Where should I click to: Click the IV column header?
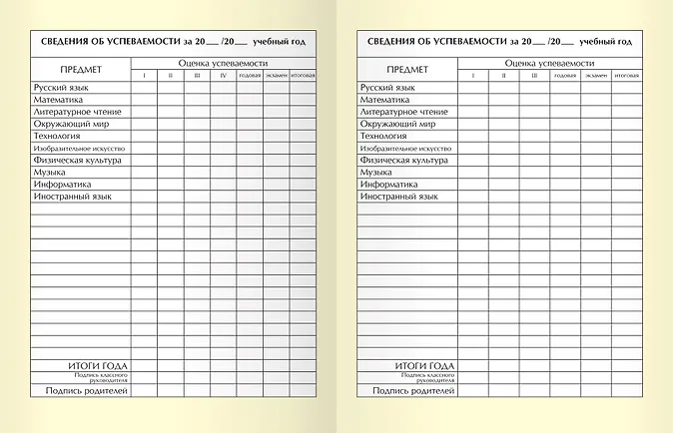tap(224, 76)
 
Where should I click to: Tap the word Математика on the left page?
tap(62, 100)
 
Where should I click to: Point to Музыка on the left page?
tap(50, 172)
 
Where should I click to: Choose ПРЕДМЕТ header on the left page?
tap(79, 69)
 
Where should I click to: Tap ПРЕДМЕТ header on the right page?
tap(407, 69)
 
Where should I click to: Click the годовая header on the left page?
tap(251, 76)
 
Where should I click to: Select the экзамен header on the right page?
tap(596, 76)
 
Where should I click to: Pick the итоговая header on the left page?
tap(304, 76)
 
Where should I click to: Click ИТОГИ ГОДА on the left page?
tap(97, 366)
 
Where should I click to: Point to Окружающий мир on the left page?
tap(71, 124)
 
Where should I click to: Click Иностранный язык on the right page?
tap(398, 197)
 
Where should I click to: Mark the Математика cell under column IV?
tap(224, 100)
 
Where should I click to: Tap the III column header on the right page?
tap(534, 76)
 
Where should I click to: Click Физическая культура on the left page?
tap(77, 160)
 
